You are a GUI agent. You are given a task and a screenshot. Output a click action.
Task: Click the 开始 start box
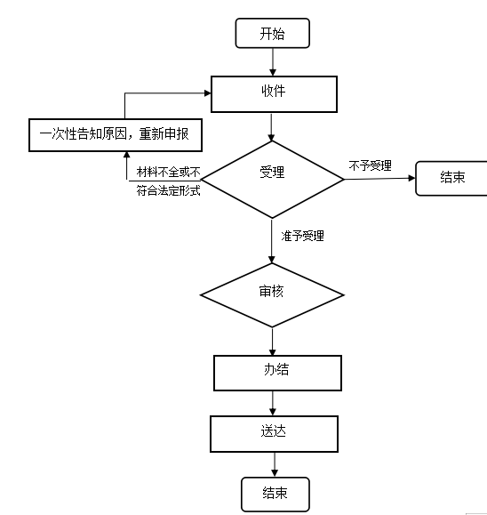[272, 33]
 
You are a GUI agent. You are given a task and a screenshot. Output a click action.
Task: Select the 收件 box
[274, 94]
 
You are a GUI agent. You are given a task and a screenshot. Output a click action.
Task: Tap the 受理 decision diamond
[272, 180]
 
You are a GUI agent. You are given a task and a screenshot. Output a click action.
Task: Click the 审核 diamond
[272, 295]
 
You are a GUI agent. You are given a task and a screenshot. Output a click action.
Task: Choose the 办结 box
[277, 373]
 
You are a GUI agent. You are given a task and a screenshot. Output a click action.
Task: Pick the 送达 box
[274, 434]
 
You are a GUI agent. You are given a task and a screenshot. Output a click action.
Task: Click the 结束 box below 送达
[275, 495]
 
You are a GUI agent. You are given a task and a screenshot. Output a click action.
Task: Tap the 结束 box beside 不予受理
[451, 179]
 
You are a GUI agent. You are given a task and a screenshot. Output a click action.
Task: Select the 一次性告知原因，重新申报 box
[116, 135]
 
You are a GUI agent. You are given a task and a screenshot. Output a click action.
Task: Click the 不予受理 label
[371, 165]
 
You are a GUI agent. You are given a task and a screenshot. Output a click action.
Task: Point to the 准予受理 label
[302, 236]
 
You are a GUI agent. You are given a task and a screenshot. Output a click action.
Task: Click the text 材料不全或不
[168, 172]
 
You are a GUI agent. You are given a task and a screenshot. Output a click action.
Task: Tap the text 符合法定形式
[168, 190]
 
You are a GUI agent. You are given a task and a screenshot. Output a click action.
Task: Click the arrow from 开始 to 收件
[273, 62]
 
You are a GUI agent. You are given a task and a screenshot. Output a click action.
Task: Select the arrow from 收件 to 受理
[271, 127]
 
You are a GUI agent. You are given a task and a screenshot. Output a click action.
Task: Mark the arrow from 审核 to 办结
[272, 342]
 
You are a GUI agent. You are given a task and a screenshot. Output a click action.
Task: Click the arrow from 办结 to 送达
[273, 403]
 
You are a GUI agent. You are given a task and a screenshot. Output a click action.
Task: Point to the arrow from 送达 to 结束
[275, 465]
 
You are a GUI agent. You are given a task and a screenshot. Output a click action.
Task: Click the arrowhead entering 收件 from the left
[207, 93]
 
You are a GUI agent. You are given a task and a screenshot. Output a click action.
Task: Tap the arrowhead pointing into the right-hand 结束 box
[411, 178]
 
